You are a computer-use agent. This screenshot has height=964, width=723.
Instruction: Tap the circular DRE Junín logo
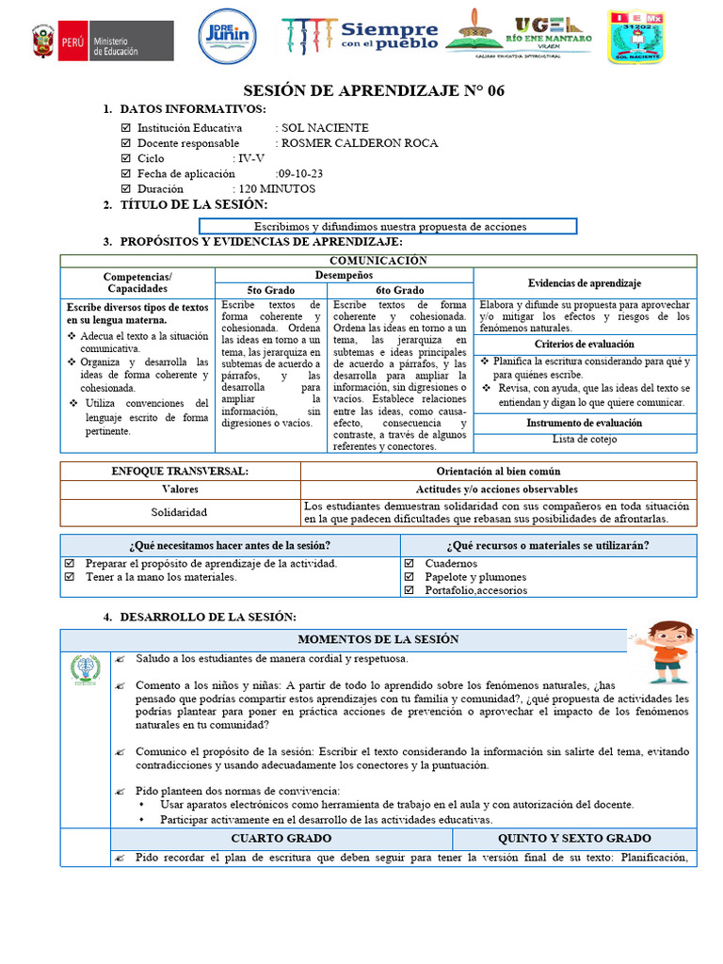[x=227, y=39]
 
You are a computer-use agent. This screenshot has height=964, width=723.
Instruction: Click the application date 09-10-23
[x=300, y=173]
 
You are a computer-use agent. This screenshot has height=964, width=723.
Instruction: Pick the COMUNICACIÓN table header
[x=378, y=261]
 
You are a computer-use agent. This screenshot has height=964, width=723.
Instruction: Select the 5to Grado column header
[x=270, y=290]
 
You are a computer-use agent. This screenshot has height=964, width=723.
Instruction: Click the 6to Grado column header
[x=400, y=290]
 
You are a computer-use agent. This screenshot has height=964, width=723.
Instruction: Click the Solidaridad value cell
[x=180, y=512]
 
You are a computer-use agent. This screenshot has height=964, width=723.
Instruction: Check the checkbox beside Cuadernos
[x=409, y=564]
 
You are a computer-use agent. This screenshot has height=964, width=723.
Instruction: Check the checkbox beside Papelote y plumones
[x=409, y=577]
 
